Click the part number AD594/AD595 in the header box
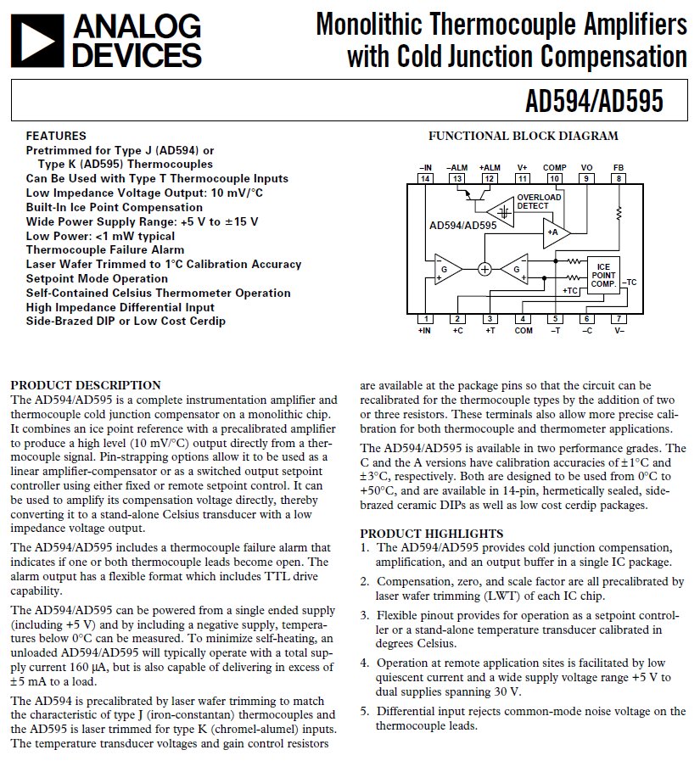[594, 102]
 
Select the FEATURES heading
[56, 136]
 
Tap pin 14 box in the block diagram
[425, 178]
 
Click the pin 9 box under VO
[586, 178]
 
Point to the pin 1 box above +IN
[425, 319]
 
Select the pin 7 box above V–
[619, 319]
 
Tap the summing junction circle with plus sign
[484, 269]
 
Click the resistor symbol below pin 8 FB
[619, 212]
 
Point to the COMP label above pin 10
[554, 168]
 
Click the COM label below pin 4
[523, 331]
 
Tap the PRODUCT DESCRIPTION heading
[85, 385]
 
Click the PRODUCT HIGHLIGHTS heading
[431, 533]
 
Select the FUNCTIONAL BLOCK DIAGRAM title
[523, 136]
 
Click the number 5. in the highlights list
[365, 711]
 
